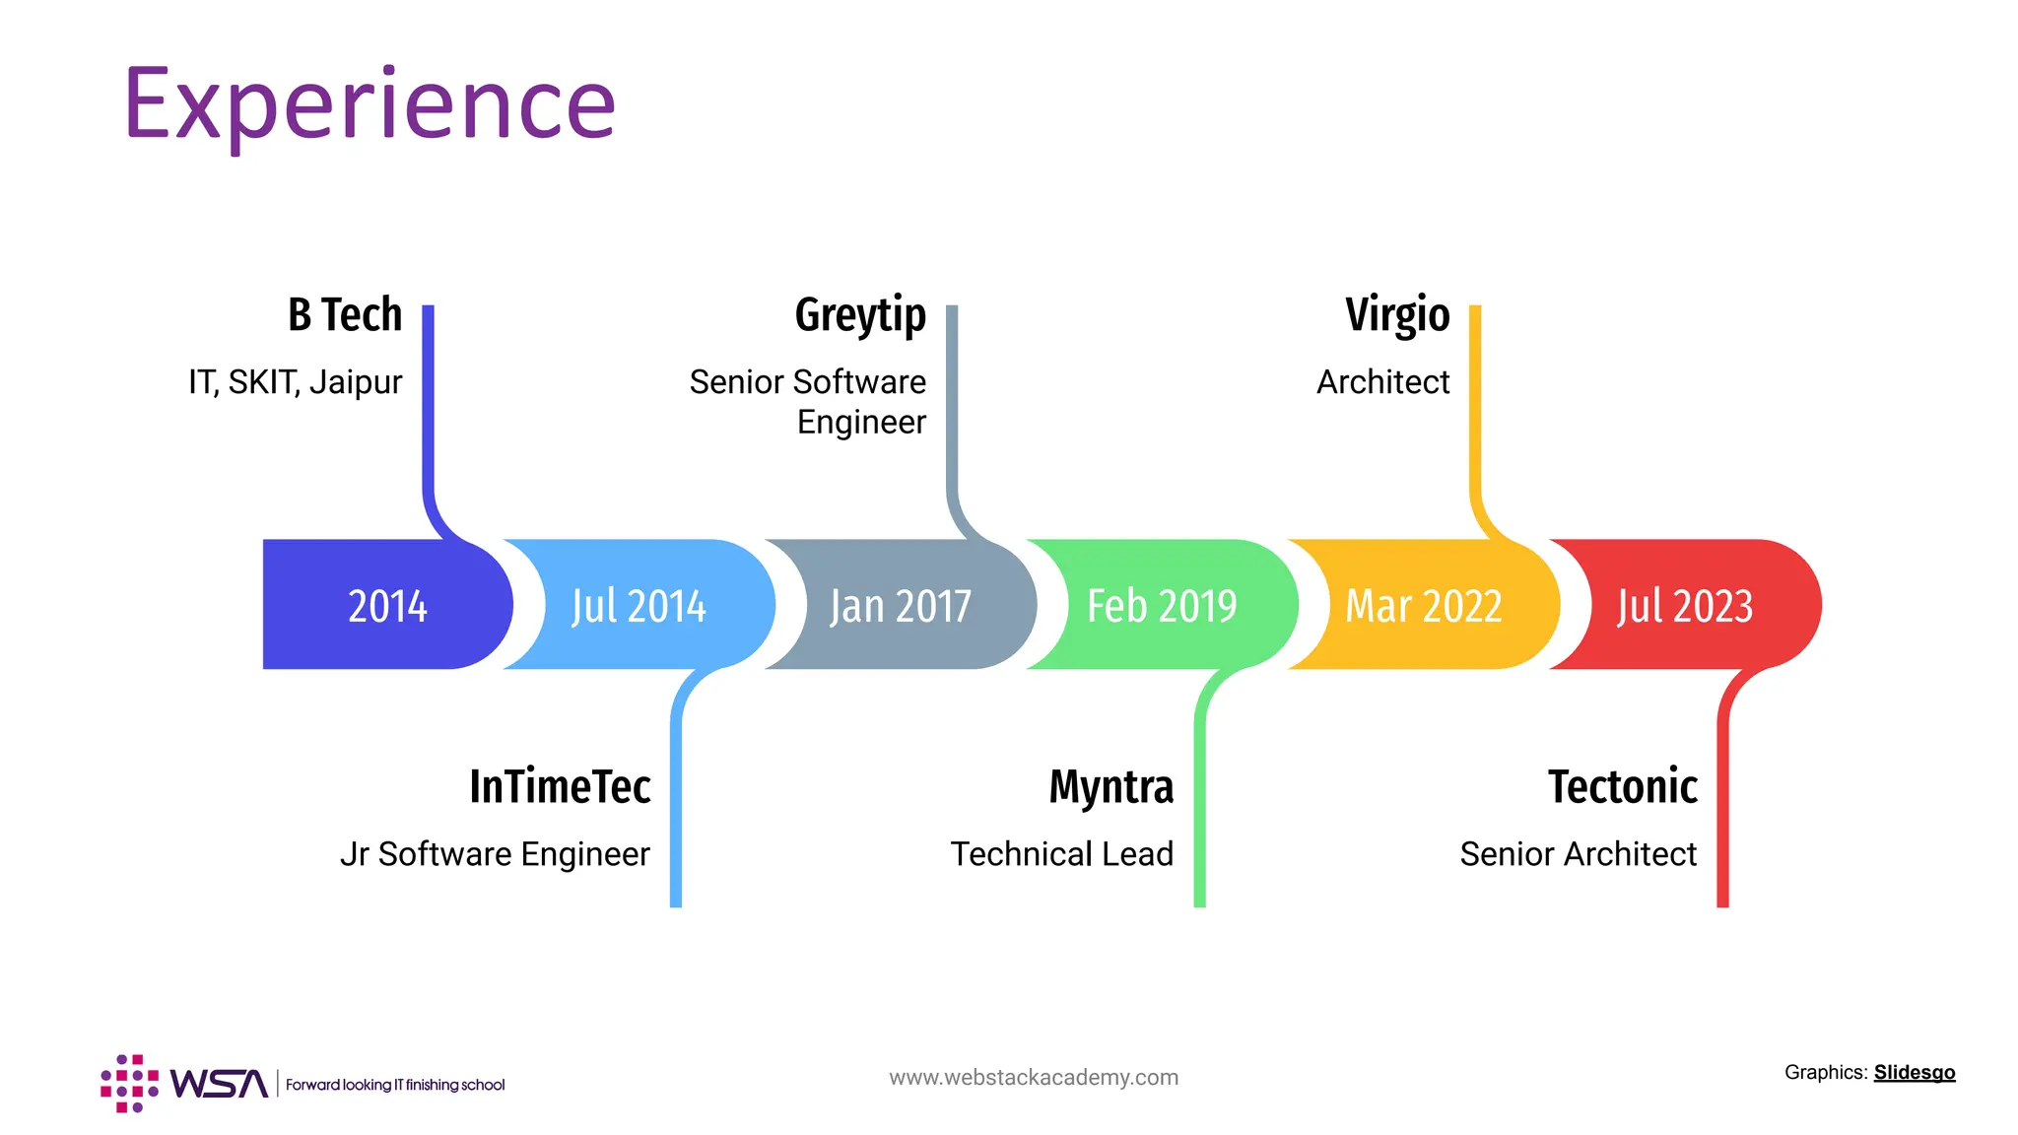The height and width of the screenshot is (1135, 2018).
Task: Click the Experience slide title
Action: tap(370, 103)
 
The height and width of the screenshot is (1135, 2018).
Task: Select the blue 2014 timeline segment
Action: tap(387, 605)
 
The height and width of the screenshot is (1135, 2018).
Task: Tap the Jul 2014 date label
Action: tap(639, 606)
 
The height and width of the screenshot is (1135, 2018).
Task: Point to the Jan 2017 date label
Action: tap(900, 606)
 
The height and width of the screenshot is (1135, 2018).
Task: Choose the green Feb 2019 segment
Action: tap(1162, 605)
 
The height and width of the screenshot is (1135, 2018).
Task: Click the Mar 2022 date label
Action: tap(1423, 606)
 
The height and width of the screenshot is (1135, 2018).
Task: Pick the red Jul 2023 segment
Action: tap(1685, 605)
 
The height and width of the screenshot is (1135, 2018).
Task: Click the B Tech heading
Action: tap(345, 315)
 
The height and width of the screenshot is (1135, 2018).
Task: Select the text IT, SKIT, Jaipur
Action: tap(296, 381)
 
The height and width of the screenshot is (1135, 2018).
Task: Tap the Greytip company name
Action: tap(860, 315)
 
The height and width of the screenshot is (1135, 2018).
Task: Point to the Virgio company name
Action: tap(1397, 315)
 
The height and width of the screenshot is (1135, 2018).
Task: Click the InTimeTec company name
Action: tap(560, 786)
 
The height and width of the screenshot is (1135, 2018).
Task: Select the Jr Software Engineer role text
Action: tap(495, 853)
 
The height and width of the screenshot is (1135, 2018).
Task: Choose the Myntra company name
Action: tap(1110, 786)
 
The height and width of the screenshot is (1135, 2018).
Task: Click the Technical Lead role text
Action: tap(1061, 853)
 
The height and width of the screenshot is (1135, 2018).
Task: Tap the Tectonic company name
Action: tap(1623, 786)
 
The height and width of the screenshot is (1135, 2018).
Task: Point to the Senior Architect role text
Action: tap(1578, 853)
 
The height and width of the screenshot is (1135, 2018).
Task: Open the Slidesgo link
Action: tap(1914, 1072)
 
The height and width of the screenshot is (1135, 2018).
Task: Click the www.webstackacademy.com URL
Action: tap(1034, 1077)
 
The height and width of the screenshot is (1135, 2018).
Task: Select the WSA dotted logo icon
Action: tap(129, 1083)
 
